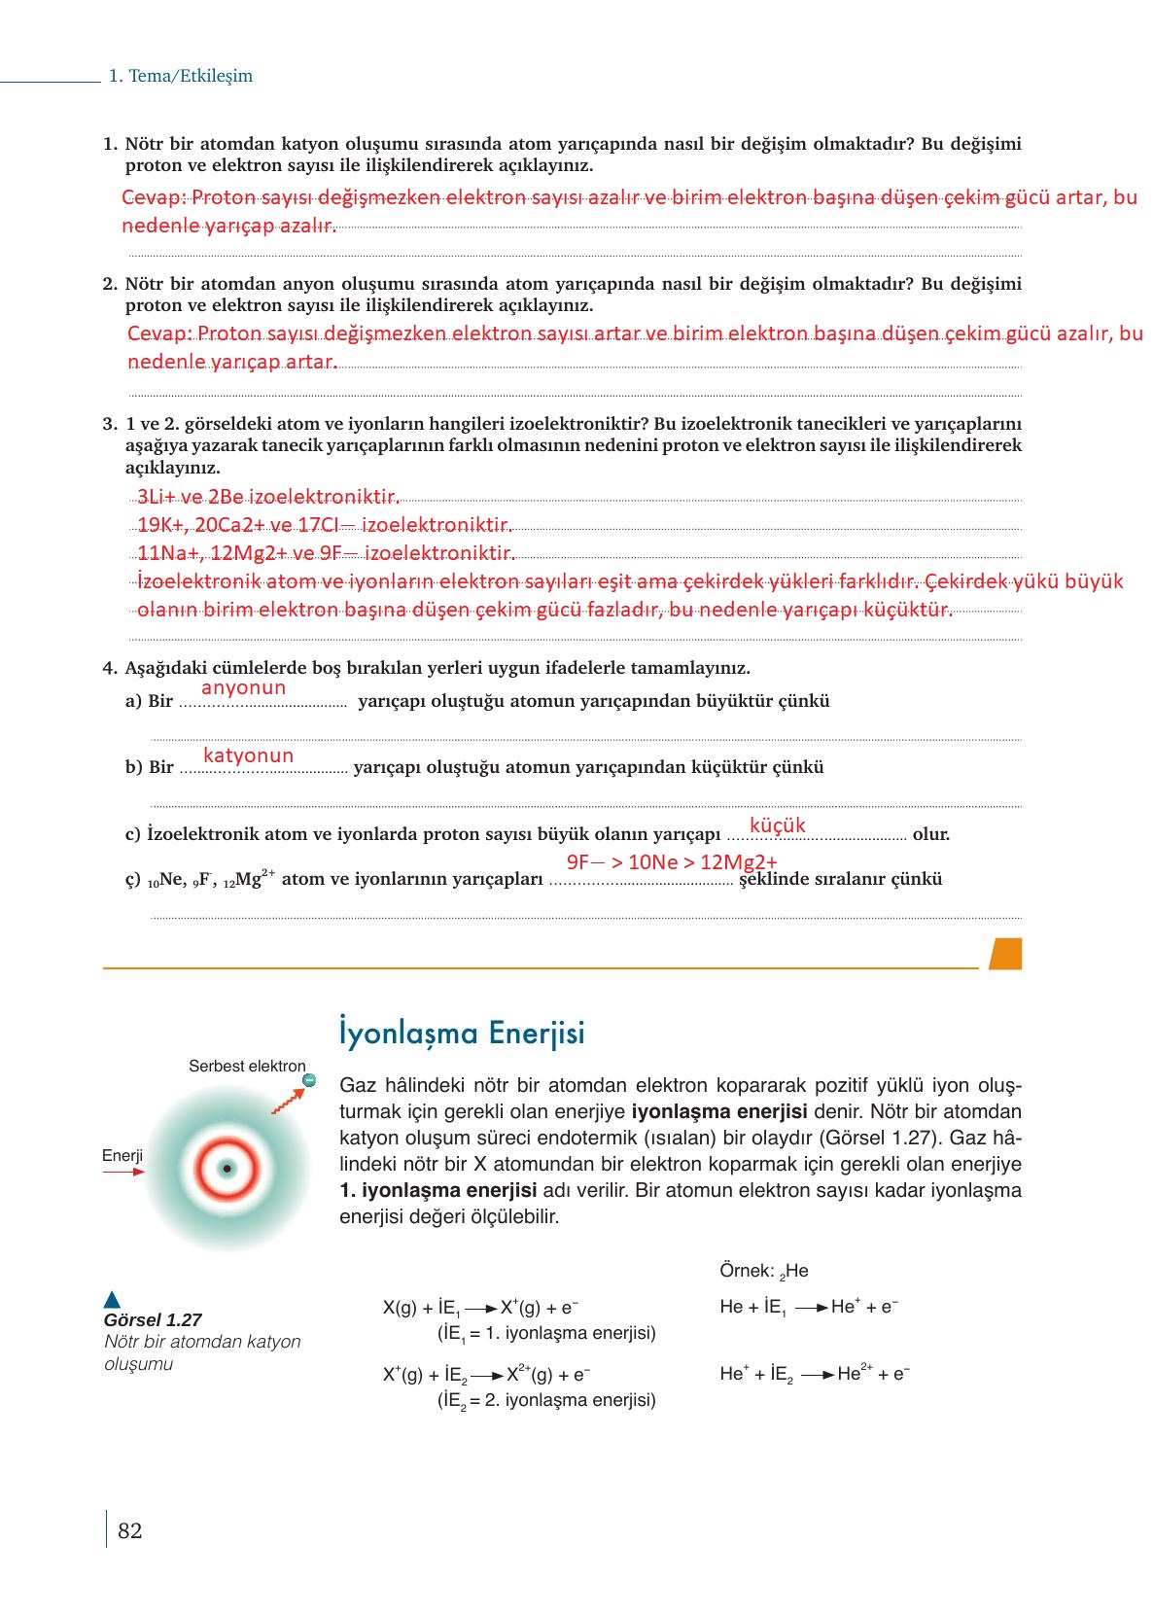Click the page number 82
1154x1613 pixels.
click(129, 1530)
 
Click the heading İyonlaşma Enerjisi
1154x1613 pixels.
click(462, 1033)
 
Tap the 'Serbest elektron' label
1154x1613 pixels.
click(247, 1067)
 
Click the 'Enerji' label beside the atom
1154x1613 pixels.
click(122, 1155)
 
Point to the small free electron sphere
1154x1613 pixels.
click(308, 1080)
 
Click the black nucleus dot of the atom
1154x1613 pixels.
click(227, 1169)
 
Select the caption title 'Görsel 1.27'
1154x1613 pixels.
click(153, 1320)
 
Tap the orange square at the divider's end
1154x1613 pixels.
click(1005, 954)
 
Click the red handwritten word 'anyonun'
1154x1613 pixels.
click(243, 687)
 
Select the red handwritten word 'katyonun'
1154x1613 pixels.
click(248, 755)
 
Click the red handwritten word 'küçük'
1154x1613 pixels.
click(778, 825)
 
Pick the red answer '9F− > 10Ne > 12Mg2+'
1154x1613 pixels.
click(672, 862)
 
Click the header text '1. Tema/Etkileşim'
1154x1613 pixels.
click(181, 76)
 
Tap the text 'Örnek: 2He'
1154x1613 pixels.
click(764, 1271)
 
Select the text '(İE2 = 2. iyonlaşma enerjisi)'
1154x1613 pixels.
click(546, 1400)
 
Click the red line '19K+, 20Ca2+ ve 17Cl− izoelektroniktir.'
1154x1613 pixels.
click(325, 526)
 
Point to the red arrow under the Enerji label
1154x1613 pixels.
click(123, 1173)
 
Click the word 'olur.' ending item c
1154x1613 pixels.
click(931, 834)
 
